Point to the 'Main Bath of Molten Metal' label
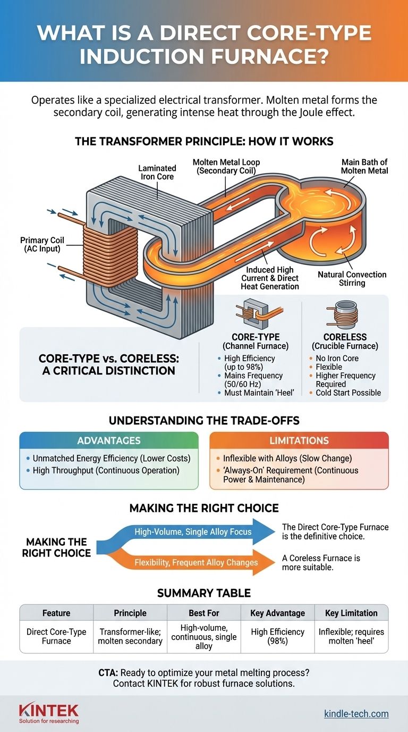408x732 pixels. tap(364, 166)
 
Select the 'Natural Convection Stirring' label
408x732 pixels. tap(352, 278)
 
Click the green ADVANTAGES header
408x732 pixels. tap(108, 440)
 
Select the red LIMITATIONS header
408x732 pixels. tap(299, 440)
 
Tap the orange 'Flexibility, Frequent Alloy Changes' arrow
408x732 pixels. tap(197, 562)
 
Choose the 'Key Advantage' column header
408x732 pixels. tap(277, 613)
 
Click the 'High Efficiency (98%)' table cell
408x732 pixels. tap(277, 637)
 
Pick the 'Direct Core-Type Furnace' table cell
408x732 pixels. tap(56, 637)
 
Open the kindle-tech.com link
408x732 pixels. tap(356, 713)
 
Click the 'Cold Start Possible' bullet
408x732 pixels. tap(348, 393)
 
